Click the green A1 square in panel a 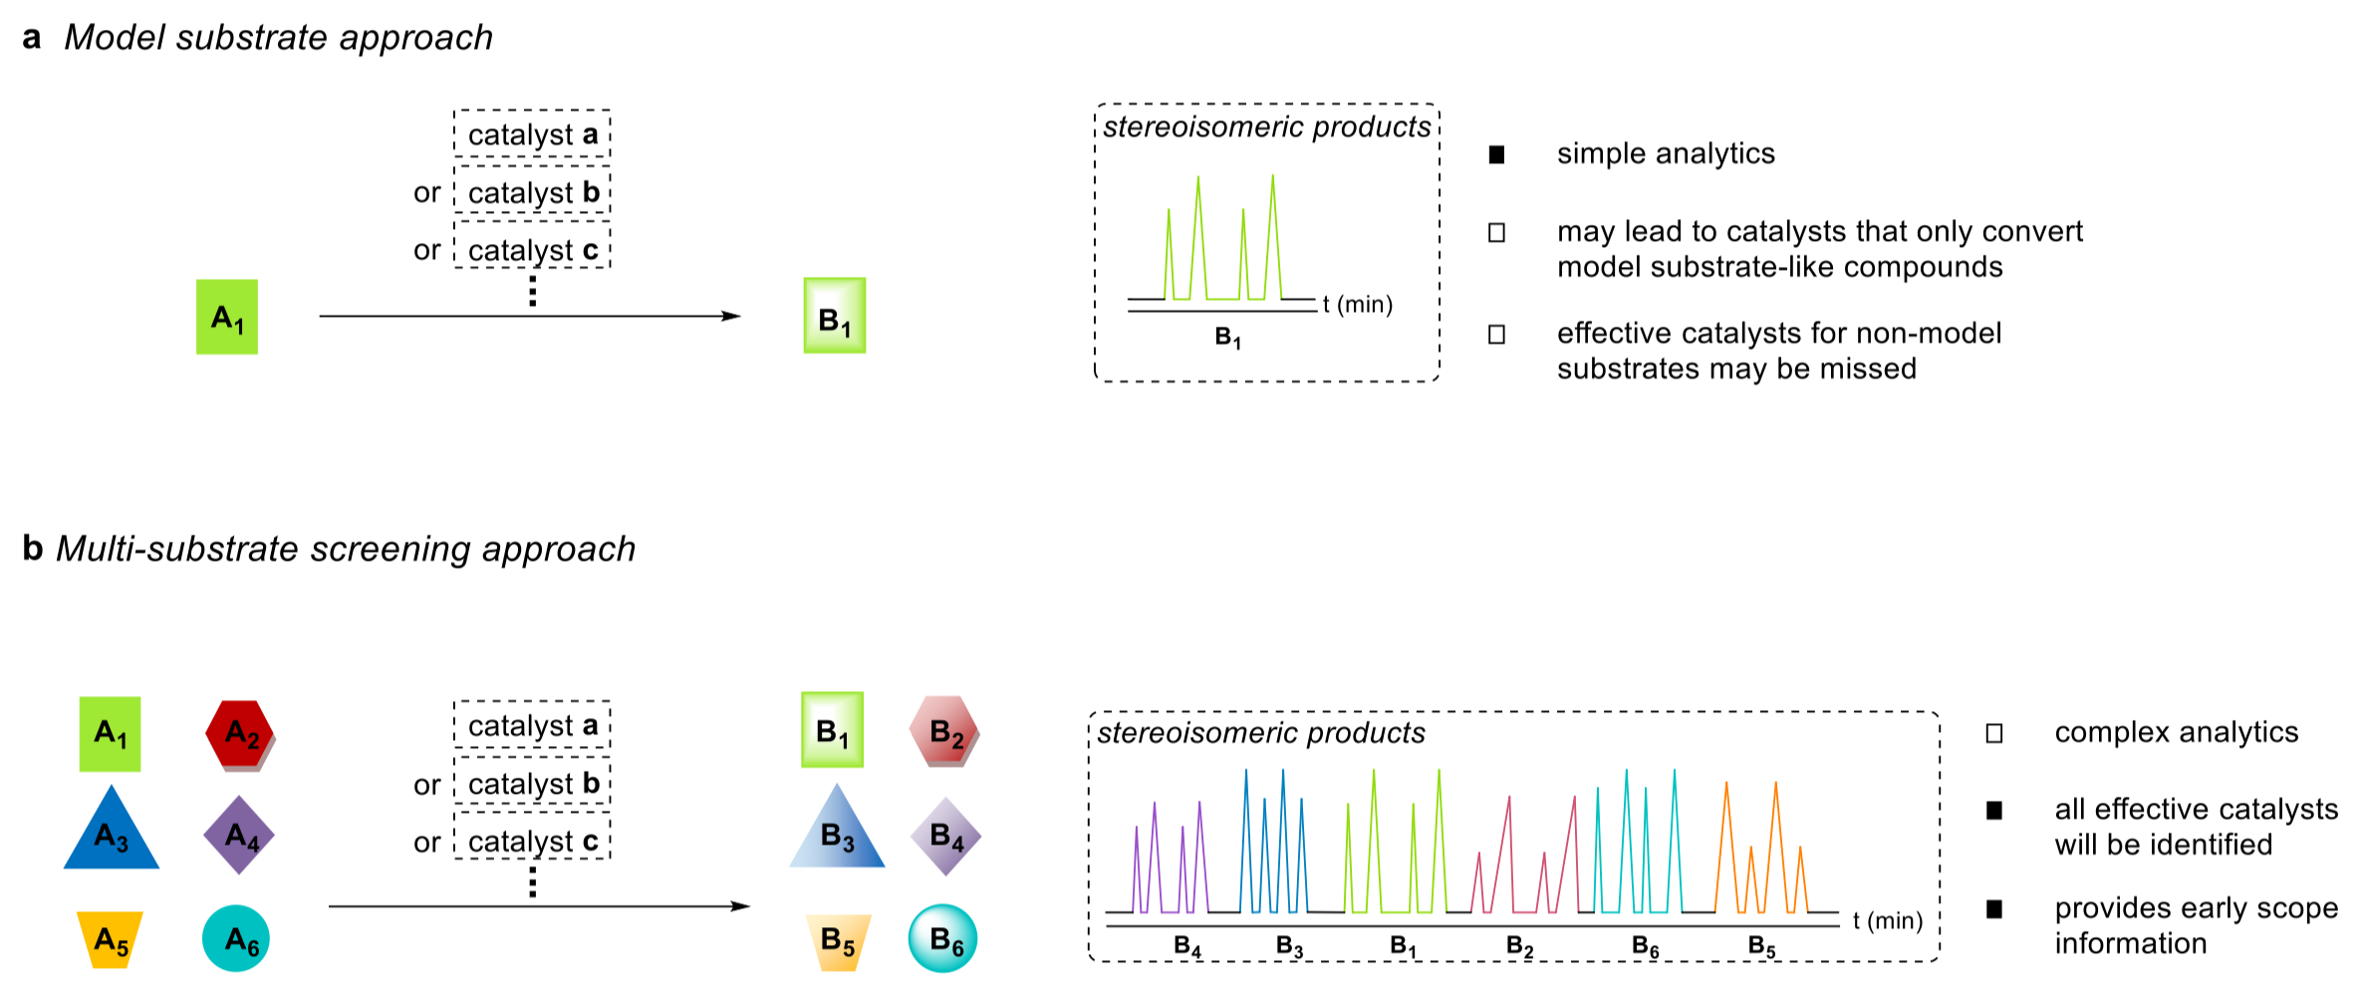point(227,317)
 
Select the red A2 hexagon point(240,735)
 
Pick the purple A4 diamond point(239,835)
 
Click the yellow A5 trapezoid point(111,939)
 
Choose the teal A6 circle point(237,938)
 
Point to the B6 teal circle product point(942,938)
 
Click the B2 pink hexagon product point(944,732)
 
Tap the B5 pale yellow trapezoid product point(838,941)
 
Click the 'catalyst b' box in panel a point(532,192)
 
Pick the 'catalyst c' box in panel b point(532,842)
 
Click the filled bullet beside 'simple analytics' point(1496,154)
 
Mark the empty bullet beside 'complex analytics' point(1994,733)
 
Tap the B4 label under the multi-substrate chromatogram point(1187,946)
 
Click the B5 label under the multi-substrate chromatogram point(1762,946)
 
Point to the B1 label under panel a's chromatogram point(1228,339)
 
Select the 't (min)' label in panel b point(1888,920)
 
